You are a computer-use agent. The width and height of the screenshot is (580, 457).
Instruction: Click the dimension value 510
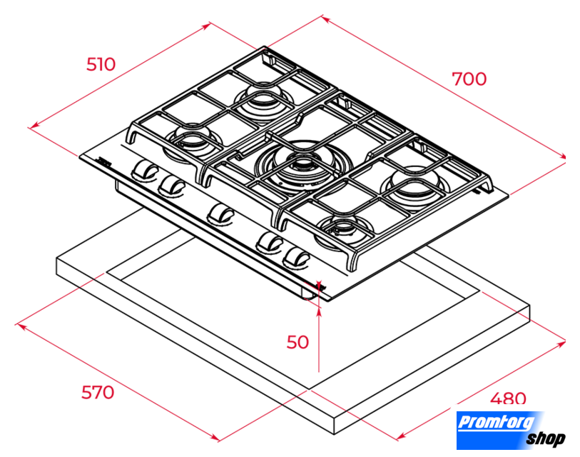tap(101, 64)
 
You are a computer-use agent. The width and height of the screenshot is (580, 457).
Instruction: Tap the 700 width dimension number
tap(469, 79)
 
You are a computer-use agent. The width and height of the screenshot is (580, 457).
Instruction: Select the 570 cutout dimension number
tap(98, 392)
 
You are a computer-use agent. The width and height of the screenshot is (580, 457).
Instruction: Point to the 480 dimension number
tap(508, 398)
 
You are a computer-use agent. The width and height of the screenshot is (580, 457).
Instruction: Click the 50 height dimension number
tap(297, 342)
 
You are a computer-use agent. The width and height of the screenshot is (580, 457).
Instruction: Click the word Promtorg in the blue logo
tap(497, 422)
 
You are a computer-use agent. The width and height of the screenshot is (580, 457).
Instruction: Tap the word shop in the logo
tap(546, 438)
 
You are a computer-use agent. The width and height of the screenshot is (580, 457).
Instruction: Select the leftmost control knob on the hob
tap(145, 171)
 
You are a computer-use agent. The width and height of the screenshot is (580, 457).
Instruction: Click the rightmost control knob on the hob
tap(296, 257)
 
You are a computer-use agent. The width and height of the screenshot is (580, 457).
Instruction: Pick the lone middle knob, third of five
tap(221, 214)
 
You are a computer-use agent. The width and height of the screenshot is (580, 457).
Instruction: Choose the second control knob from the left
tap(171, 185)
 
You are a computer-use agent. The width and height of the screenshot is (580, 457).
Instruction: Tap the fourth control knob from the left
tap(270, 242)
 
